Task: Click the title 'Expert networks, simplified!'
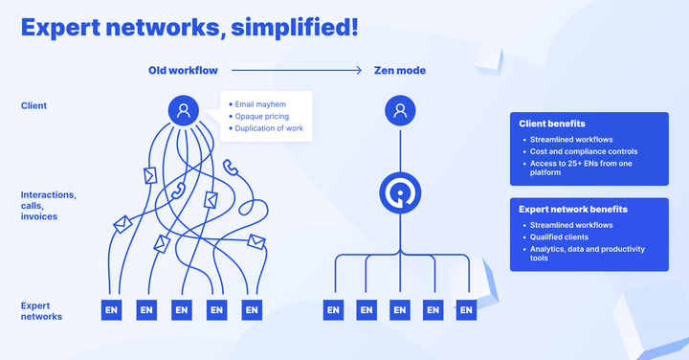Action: click(x=189, y=28)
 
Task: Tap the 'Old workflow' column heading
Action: click(x=184, y=71)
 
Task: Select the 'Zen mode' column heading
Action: click(x=400, y=71)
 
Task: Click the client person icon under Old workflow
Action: click(x=183, y=111)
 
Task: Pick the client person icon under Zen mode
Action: click(x=400, y=111)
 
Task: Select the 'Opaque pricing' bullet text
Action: click(x=261, y=116)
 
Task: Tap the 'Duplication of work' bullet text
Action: click(x=271, y=128)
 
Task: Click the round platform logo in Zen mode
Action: click(x=400, y=193)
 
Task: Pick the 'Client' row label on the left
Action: click(x=33, y=105)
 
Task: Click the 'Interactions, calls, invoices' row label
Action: click(x=49, y=206)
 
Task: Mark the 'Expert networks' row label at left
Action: click(x=43, y=310)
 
